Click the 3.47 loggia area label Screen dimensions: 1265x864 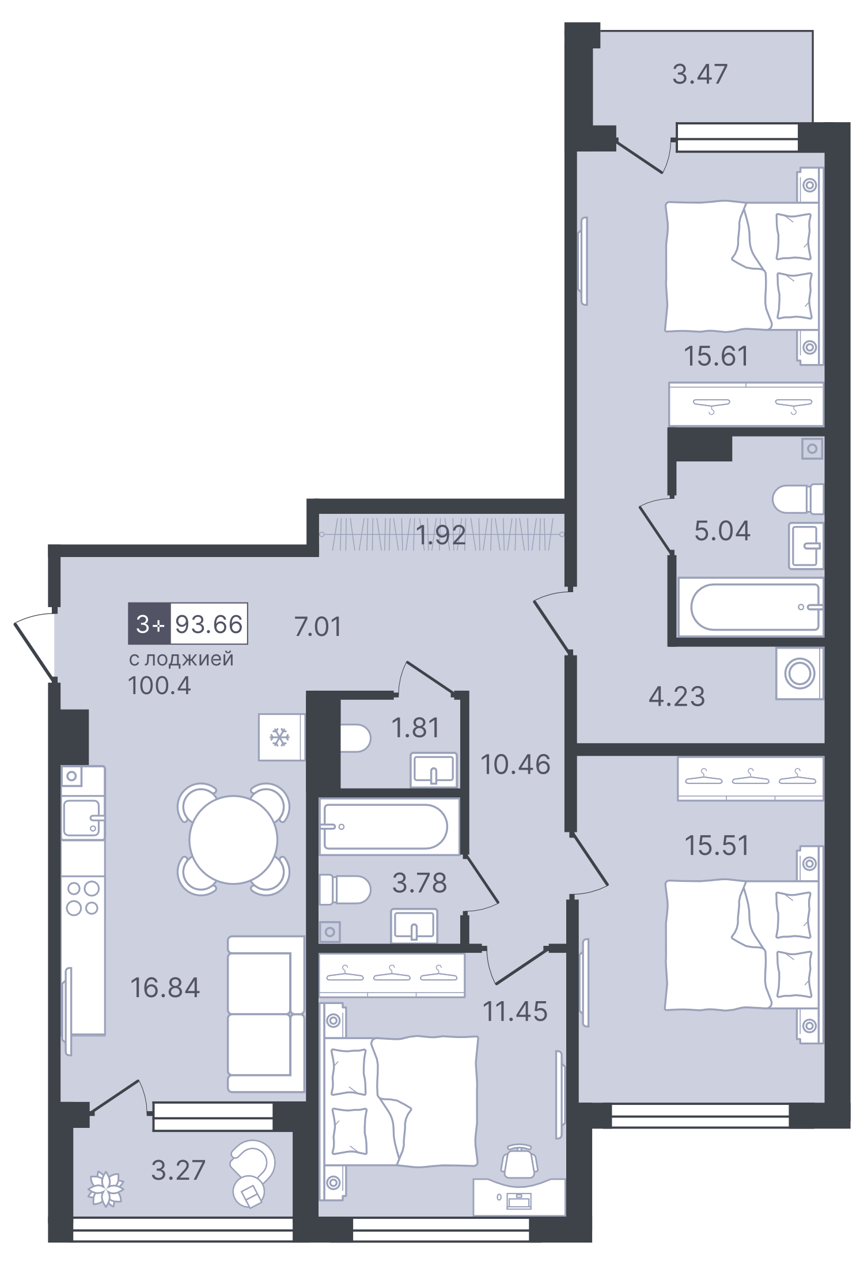700,74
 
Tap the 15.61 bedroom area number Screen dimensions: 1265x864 717,356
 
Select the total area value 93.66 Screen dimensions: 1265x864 209,624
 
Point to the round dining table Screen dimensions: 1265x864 233,839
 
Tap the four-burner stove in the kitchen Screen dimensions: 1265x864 83,898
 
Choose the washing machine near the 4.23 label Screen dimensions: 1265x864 799,673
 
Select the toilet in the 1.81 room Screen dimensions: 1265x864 354,738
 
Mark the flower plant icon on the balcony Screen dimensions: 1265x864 105,1188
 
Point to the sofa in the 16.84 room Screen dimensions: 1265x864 265,1014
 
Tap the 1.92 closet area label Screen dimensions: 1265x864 441,535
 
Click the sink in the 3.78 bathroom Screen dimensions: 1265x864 414,925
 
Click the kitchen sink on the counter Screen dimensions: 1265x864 82,817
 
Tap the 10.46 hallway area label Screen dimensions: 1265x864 516,764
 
